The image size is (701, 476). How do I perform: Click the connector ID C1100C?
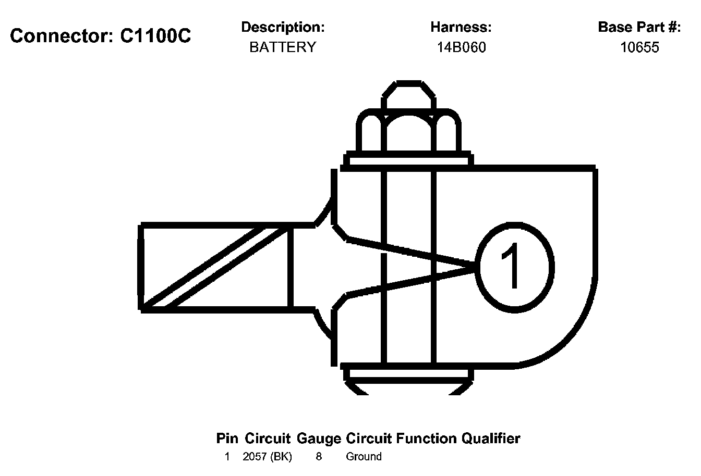tap(155, 35)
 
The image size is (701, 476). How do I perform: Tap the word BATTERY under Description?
tap(283, 47)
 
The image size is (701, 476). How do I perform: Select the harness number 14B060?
tap(461, 47)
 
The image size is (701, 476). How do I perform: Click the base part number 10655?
tap(639, 47)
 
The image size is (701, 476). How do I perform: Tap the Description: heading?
tap(283, 27)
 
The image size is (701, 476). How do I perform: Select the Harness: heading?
tap(461, 27)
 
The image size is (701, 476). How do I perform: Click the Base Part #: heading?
tap(639, 27)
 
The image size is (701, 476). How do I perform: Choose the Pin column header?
tap(227, 439)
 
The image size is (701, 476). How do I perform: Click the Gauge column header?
tap(319, 439)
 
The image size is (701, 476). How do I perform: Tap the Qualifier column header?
tap(490, 439)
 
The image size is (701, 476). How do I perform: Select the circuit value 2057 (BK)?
tap(268, 457)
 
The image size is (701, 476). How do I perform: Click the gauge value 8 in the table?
tap(319, 457)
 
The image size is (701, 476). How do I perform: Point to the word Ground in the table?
tap(364, 457)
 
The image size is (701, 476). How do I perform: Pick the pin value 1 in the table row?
tap(227, 457)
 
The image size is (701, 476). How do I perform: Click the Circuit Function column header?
tap(401, 439)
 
